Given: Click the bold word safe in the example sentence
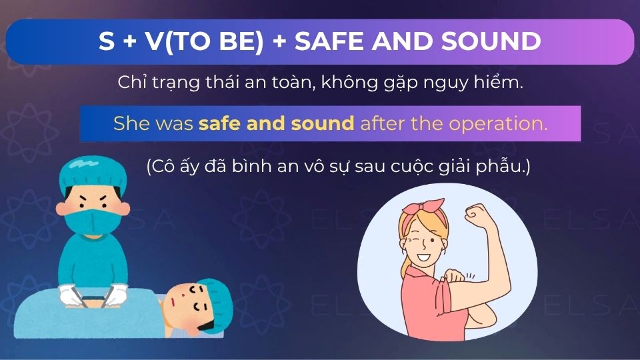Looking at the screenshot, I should point(217,123).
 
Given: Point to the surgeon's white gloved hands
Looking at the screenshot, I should point(93,293).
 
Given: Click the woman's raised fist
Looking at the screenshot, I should point(477,217).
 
